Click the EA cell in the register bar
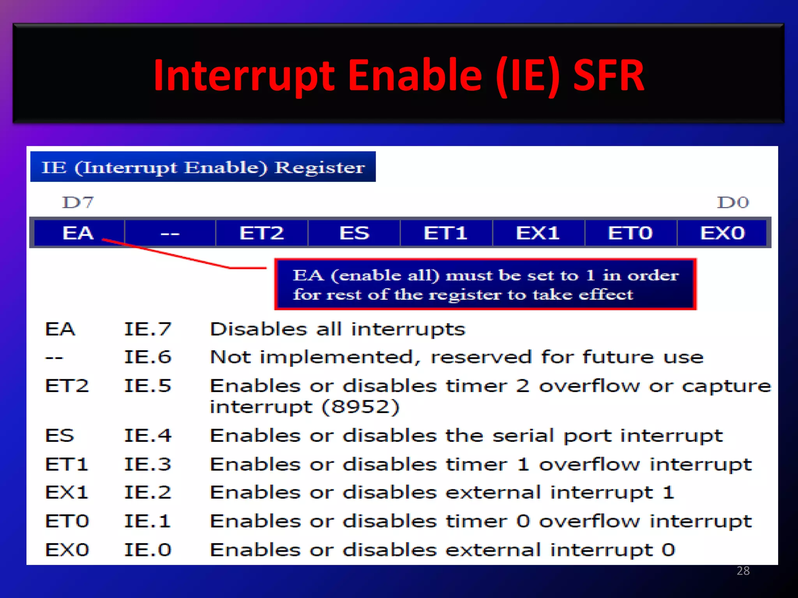pos(78,233)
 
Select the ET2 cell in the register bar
pos(261,233)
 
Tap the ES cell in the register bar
pos(354,233)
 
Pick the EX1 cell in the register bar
pos(538,233)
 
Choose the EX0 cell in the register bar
pos(722,233)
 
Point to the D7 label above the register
pos(78,202)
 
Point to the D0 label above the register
pos(733,202)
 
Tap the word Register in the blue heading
pos(320,167)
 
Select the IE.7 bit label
pos(147,329)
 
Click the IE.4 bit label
pos(147,435)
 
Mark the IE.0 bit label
pos(147,550)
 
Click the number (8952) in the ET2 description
pos(360,407)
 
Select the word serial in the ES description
pos(523,435)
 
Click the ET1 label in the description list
pos(67,464)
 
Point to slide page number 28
pos(743,571)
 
